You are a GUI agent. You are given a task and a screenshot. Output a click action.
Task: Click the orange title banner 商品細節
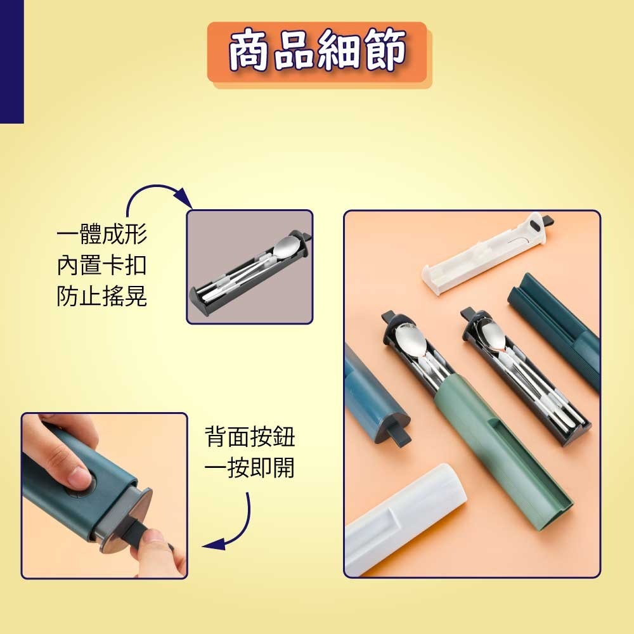(318, 52)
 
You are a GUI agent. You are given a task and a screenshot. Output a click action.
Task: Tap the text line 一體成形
(102, 234)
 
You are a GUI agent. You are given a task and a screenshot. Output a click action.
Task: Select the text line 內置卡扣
(102, 265)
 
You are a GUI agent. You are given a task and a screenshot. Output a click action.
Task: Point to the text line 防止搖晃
(102, 296)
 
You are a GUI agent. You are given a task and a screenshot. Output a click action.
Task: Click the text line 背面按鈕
(250, 437)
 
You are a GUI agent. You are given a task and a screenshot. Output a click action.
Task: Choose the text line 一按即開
(250, 468)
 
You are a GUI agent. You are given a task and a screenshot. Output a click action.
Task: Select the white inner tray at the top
(487, 253)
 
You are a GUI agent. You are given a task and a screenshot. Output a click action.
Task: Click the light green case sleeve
(503, 453)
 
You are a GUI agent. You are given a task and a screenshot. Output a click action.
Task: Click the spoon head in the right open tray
(491, 333)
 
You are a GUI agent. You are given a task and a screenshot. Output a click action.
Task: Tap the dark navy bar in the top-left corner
(11, 61)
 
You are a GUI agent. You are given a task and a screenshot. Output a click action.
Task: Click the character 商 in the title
(250, 51)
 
